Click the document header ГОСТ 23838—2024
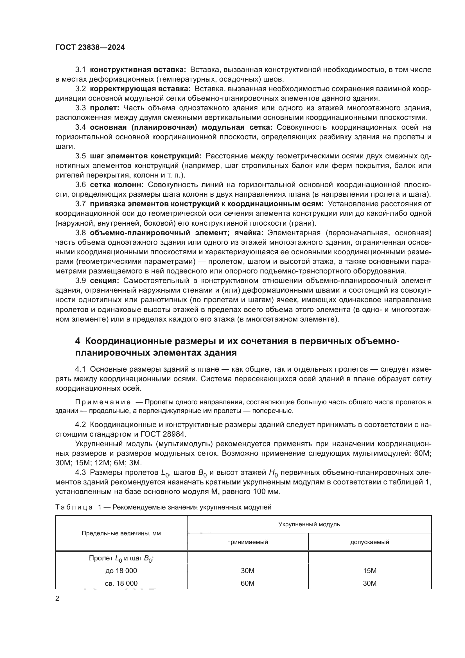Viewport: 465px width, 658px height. coord(90,48)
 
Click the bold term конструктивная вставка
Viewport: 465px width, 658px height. coord(138,70)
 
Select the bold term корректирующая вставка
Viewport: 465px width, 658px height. coord(140,89)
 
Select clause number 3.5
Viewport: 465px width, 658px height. coord(80,156)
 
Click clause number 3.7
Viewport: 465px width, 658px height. coord(80,204)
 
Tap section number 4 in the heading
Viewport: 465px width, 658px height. coord(78,341)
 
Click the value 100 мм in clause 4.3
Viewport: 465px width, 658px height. coord(266,492)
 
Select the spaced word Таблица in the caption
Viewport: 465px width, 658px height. coord(74,507)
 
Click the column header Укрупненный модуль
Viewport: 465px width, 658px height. coord(309,524)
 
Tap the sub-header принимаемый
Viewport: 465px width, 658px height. coord(247,542)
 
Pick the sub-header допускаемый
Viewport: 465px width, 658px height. coord(369,542)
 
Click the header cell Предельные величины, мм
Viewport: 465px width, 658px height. coord(121,533)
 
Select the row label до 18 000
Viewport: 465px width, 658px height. coord(121,571)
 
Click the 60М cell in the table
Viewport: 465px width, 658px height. coord(247,583)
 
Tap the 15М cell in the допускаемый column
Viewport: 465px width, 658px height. coord(369,571)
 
